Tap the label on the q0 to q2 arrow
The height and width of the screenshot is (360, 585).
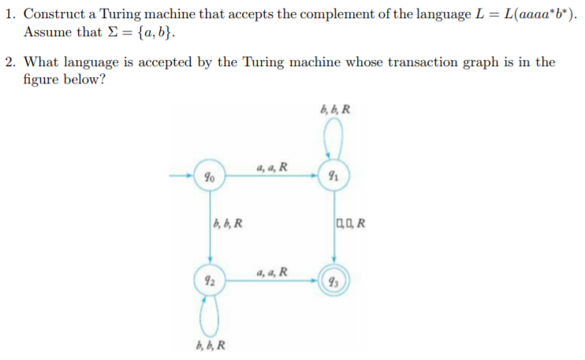pos(227,223)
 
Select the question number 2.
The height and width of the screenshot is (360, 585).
pos(9,62)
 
